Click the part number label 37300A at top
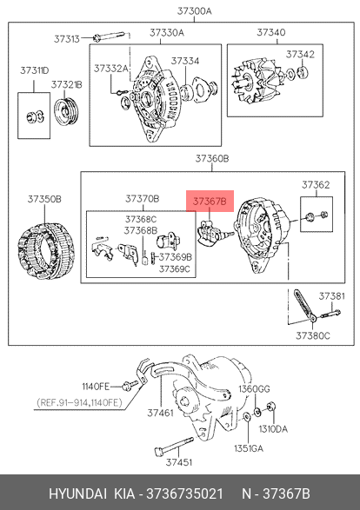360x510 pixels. pyautogui.click(x=194, y=11)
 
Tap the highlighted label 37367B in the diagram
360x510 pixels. pyautogui.click(x=210, y=202)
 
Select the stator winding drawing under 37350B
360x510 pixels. pyautogui.click(x=46, y=251)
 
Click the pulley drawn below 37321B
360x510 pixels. pyautogui.click(x=66, y=111)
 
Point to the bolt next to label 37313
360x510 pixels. pyautogui.click(x=109, y=36)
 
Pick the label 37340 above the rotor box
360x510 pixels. pyautogui.click(x=271, y=32)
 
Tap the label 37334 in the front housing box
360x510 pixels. pyautogui.click(x=185, y=61)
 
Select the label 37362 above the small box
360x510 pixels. pyautogui.click(x=316, y=185)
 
